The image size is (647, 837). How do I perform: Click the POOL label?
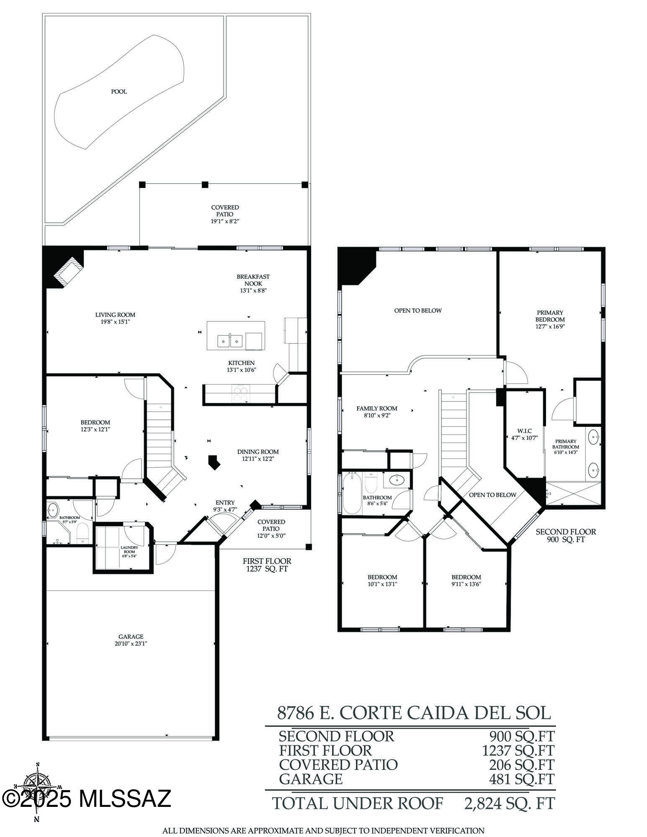click(119, 92)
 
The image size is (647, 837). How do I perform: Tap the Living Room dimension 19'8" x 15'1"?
click(115, 322)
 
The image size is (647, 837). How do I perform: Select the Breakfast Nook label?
click(253, 280)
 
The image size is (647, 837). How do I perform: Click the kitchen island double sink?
click(230, 341)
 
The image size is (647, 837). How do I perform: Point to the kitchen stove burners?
click(240, 393)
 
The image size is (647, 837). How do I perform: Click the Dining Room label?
click(258, 452)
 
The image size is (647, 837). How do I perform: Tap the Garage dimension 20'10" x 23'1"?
click(131, 644)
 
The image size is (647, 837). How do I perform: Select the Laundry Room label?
click(129, 549)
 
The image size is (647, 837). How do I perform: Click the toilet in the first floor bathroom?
click(83, 532)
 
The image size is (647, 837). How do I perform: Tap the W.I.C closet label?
click(524, 431)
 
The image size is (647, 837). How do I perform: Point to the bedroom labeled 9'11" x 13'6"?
click(466, 580)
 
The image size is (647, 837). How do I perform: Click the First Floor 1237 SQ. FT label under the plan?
click(267, 565)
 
